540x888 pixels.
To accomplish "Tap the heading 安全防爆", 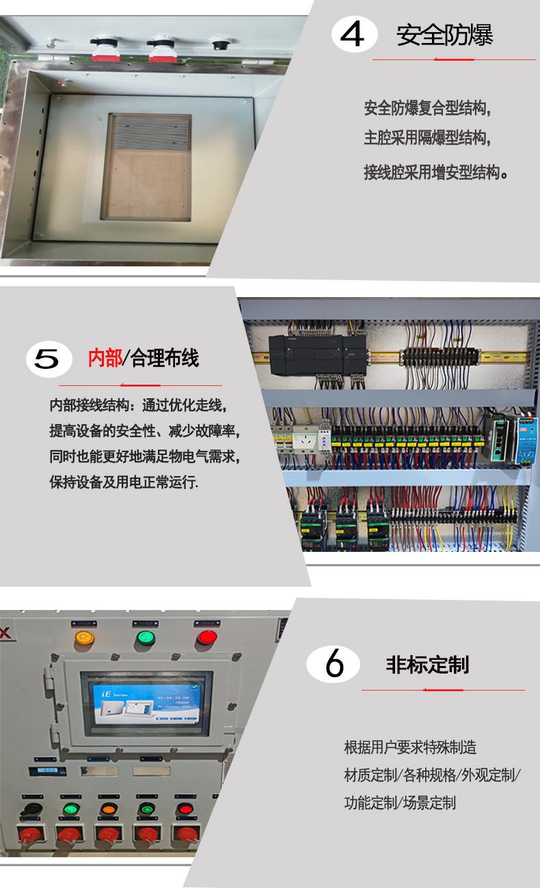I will pyautogui.click(x=444, y=36).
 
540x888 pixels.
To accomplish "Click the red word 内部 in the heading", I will pyautogui.click(x=105, y=358).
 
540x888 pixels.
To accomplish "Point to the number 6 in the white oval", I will pyautogui.click(x=334, y=664).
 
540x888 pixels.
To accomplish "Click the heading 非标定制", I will pyautogui.click(x=427, y=665).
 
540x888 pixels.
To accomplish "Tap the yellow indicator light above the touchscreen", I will pyautogui.click(x=84, y=638).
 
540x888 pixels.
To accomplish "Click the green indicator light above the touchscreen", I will pyautogui.click(x=145, y=638).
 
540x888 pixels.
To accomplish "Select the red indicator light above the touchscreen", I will pyautogui.click(x=206, y=638).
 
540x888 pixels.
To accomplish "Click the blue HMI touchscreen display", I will pyautogui.click(x=146, y=703).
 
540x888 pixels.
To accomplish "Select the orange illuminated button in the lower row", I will pyautogui.click(x=108, y=809).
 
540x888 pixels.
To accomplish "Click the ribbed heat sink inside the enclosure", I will pyautogui.click(x=150, y=132).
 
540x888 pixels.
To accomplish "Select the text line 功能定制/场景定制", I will pyautogui.click(x=399, y=803).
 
